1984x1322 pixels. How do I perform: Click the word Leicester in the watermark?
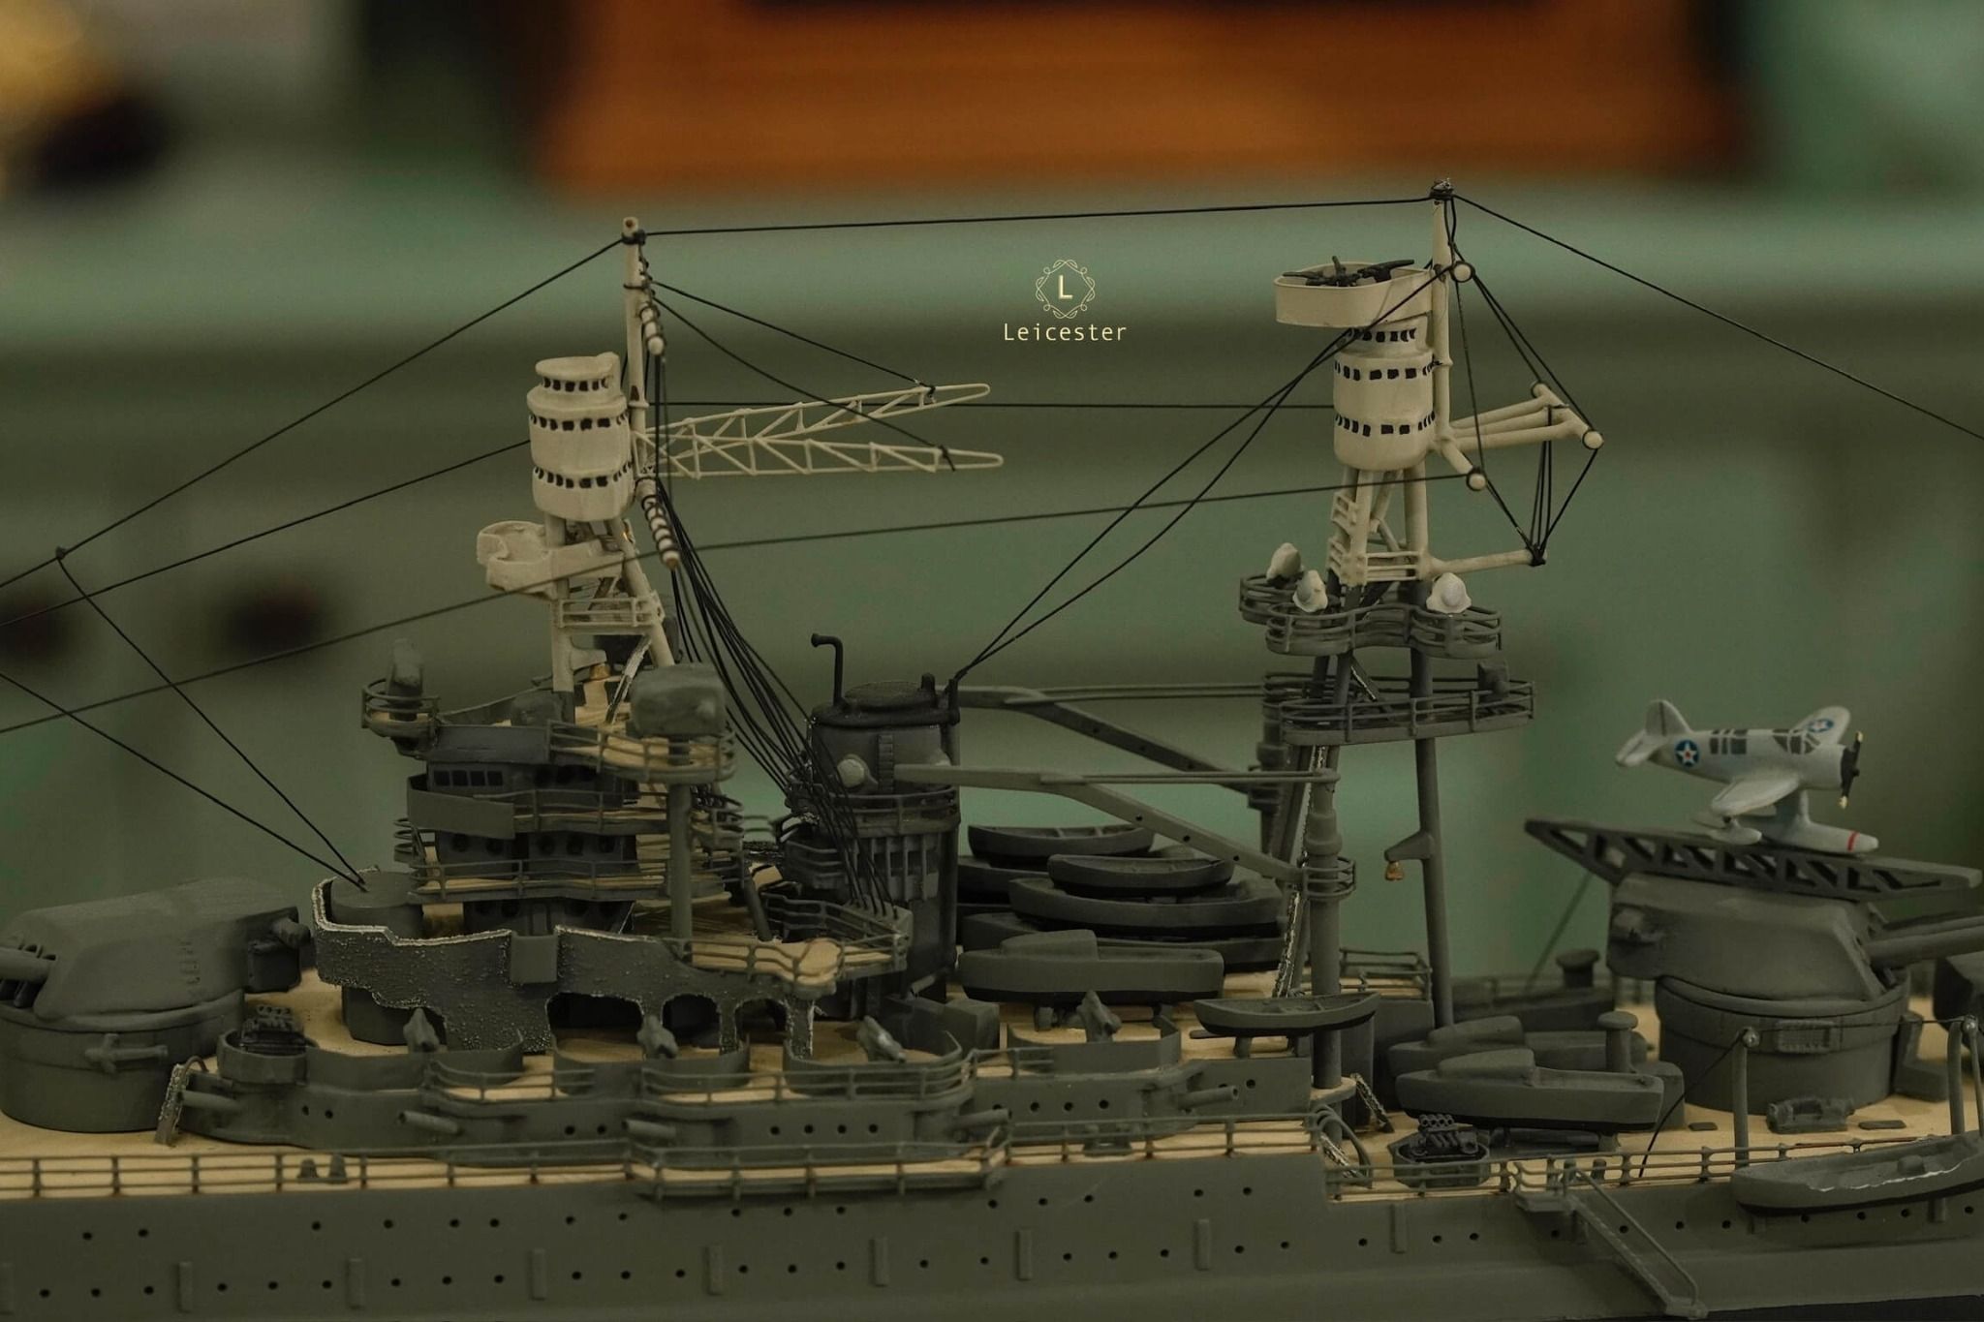coord(1064,333)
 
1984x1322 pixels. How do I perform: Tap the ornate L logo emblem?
coord(1065,288)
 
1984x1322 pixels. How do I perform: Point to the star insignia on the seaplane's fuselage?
coord(1688,752)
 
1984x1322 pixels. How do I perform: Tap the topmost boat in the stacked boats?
coord(1061,839)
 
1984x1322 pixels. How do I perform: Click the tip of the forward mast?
coord(632,225)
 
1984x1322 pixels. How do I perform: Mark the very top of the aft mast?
coord(1442,185)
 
